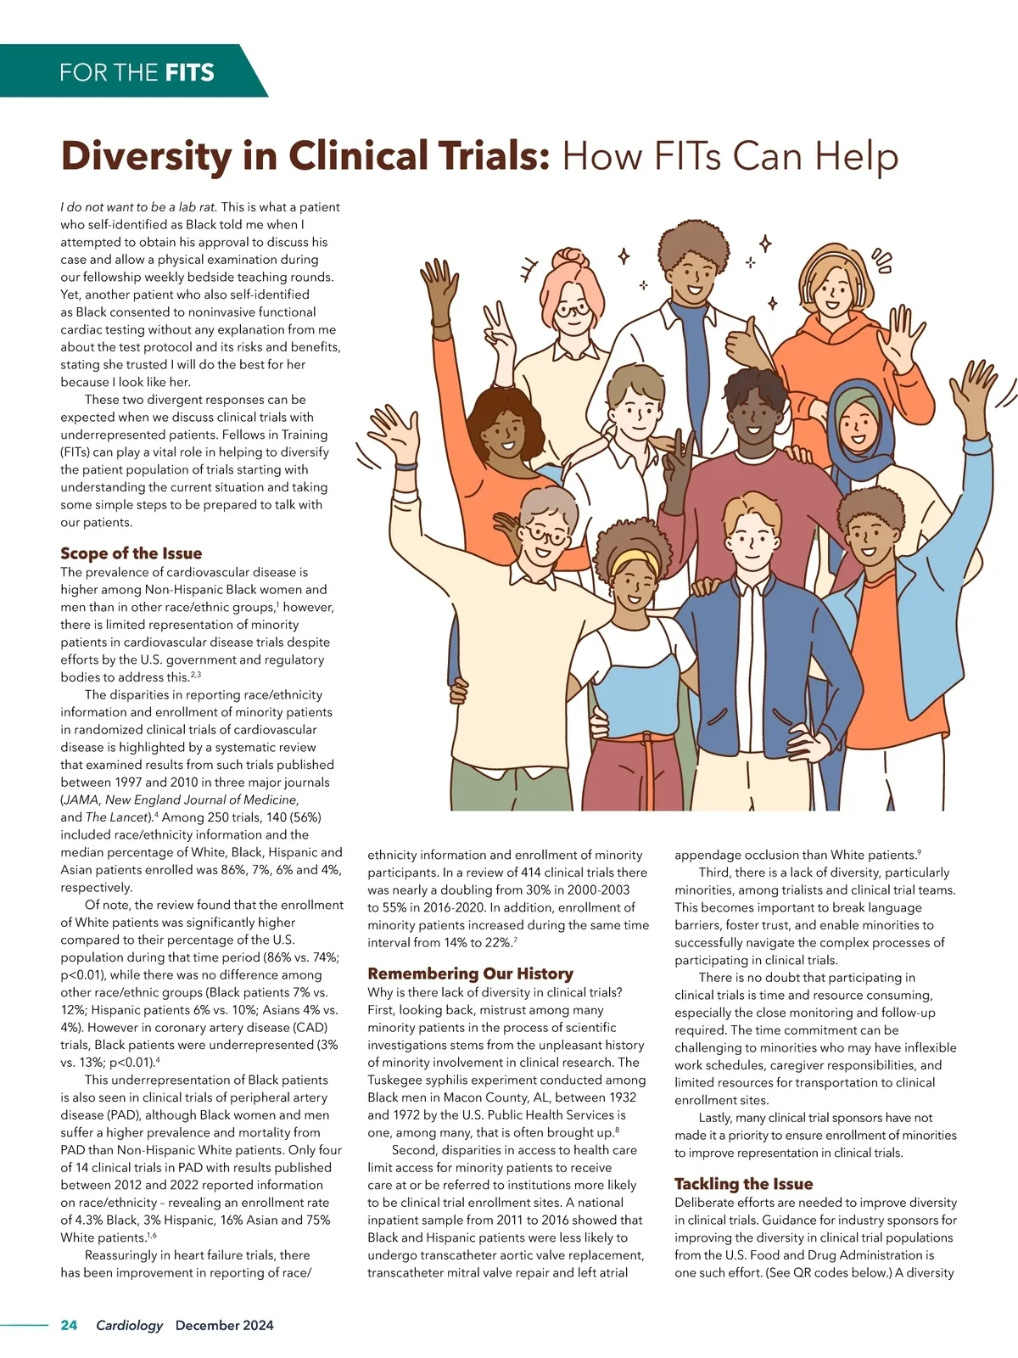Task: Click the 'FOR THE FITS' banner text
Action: (x=137, y=71)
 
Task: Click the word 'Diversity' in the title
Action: (x=145, y=156)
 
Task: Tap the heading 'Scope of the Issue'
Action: (x=131, y=553)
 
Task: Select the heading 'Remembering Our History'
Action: (x=470, y=974)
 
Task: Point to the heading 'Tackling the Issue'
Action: (x=743, y=1184)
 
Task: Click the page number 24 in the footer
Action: (x=69, y=1325)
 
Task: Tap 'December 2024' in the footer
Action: (x=224, y=1325)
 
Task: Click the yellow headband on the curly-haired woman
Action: (x=630, y=559)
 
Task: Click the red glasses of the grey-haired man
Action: (x=545, y=536)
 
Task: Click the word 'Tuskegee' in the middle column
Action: (x=398, y=1080)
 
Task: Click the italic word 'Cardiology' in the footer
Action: (x=129, y=1325)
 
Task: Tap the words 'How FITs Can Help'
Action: (x=730, y=156)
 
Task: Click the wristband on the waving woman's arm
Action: (x=406, y=465)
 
